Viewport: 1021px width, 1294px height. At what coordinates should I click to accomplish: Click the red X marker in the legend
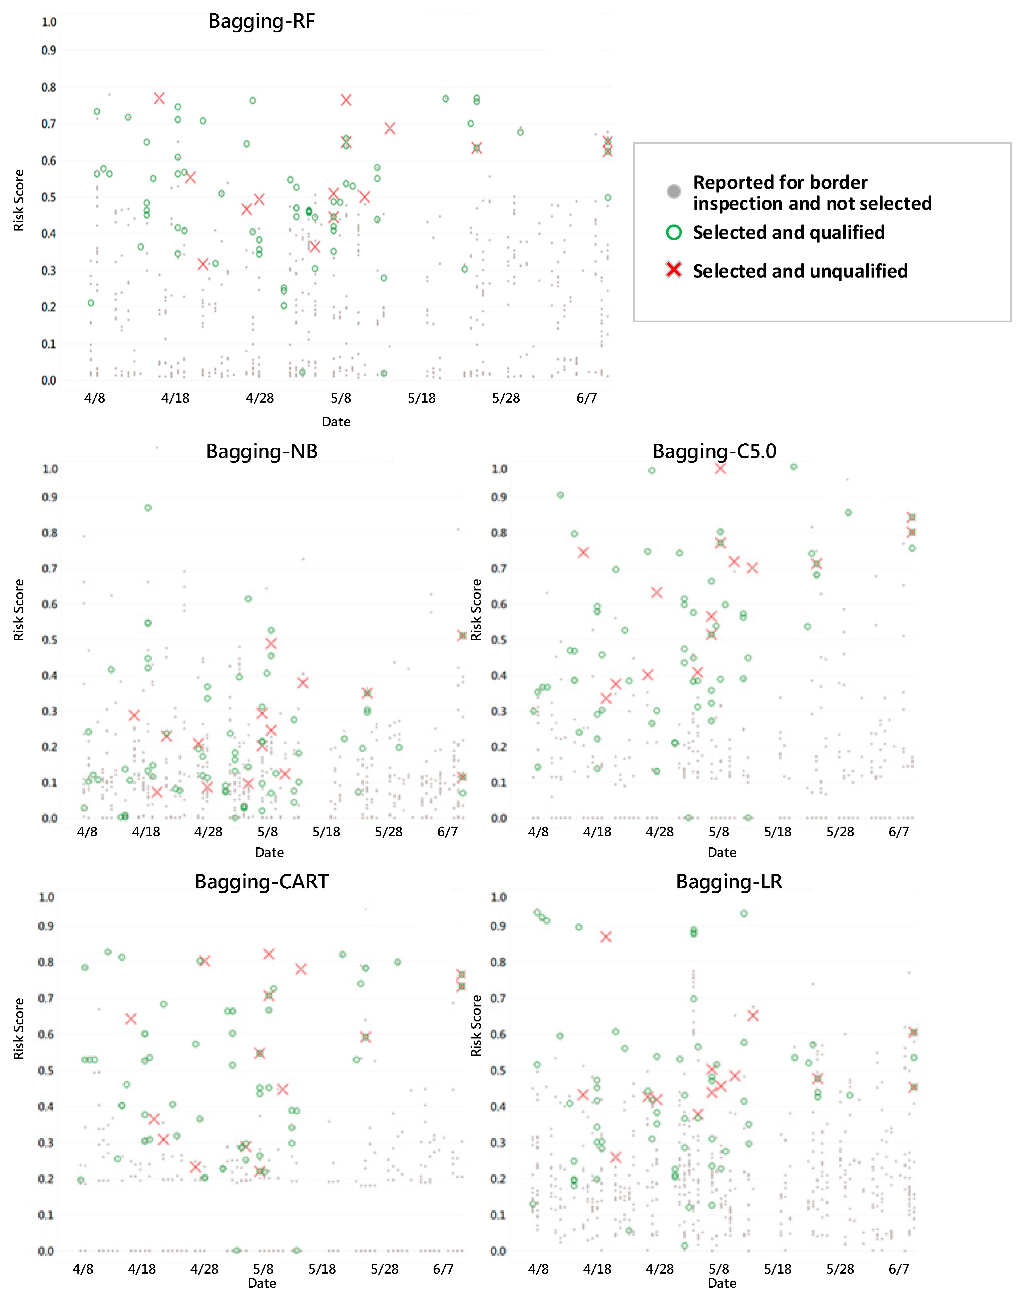(x=674, y=270)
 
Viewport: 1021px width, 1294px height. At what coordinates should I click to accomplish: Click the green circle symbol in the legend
(x=674, y=233)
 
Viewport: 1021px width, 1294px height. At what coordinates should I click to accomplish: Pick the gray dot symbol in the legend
(x=674, y=191)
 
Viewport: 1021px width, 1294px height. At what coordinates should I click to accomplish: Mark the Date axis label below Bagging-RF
(x=336, y=422)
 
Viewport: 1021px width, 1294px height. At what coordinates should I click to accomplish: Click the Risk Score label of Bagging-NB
(x=19, y=610)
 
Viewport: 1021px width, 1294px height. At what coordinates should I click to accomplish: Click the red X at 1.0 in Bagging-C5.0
(x=720, y=469)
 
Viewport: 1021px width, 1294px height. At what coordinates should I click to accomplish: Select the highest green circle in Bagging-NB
(x=148, y=508)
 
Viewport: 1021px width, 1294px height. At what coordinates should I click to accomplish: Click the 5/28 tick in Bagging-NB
(x=389, y=832)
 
